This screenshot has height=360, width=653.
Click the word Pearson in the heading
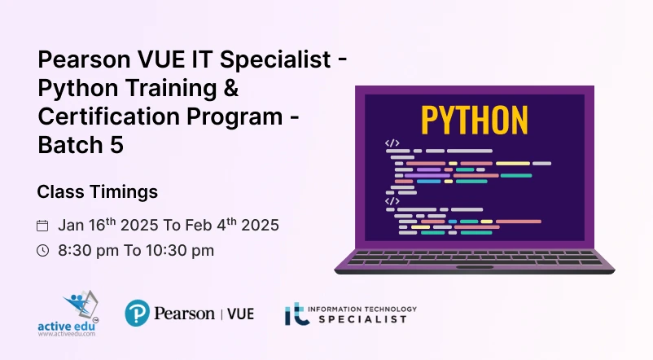[84, 59]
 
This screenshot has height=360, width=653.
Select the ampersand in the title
[230, 88]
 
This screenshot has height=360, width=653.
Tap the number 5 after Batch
[117, 145]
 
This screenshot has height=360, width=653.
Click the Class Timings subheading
[98, 192]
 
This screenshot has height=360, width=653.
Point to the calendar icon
[42, 226]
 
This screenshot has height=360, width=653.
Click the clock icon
[42, 250]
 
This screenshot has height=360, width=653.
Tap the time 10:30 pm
[180, 250]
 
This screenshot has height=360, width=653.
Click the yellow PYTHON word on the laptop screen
[475, 120]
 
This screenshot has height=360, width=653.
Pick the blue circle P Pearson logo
[137, 313]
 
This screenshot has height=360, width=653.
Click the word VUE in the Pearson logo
[240, 314]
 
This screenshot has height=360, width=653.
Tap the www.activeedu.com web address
[67, 334]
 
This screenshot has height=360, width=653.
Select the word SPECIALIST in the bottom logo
[362, 319]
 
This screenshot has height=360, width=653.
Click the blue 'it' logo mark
[297, 314]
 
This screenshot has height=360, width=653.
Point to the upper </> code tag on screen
[392, 143]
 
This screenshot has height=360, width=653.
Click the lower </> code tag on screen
[392, 201]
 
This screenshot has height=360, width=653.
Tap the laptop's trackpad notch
[475, 267]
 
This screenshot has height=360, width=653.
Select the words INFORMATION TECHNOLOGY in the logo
[362, 310]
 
